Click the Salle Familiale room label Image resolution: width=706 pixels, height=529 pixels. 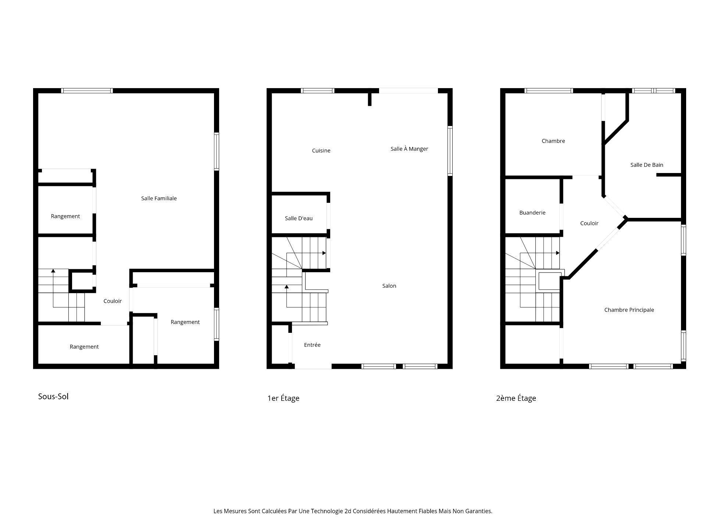click(x=159, y=198)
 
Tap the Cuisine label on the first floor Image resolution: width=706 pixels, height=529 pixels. click(x=321, y=151)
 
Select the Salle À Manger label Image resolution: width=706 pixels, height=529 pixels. click(x=409, y=149)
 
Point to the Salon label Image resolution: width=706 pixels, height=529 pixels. click(x=389, y=286)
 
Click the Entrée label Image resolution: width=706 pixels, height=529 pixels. click(x=312, y=345)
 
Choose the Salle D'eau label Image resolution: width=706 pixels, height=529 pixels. click(x=299, y=218)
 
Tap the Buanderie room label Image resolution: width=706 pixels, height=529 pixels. click(x=532, y=213)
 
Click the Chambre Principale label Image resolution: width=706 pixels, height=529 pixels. click(x=629, y=310)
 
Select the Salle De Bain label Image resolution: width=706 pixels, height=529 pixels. click(x=646, y=165)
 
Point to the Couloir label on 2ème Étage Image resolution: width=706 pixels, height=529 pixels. click(x=589, y=223)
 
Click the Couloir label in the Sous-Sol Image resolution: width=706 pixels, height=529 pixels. click(x=113, y=301)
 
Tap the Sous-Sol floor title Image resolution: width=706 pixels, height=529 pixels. click(x=53, y=397)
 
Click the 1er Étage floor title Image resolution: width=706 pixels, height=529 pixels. click(x=283, y=398)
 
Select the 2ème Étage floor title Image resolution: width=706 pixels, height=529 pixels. click(x=516, y=398)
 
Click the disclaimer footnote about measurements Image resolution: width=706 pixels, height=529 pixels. click(x=353, y=511)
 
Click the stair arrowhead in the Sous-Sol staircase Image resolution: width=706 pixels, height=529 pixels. click(x=53, y=271)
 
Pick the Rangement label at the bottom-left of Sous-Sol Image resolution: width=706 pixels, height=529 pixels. click(x=84, y=347)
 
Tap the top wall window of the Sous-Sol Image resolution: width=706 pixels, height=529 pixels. click(x=87, y=91)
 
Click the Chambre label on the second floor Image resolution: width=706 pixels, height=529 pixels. click(x=553, y=141)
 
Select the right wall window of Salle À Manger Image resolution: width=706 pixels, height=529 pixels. click(x=450, y=151)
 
